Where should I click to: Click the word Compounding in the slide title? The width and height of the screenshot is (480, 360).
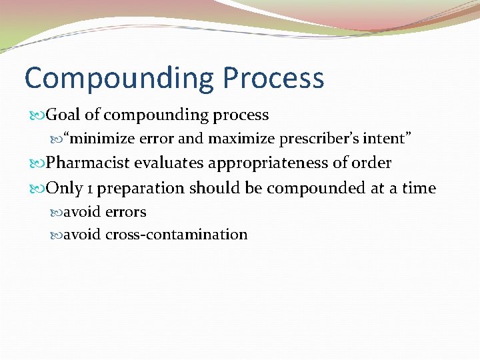point(119,79)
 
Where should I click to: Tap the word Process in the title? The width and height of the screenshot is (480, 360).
point(273,79)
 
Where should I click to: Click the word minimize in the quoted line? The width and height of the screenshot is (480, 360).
point(103,139)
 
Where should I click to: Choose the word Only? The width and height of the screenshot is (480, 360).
point(65,188)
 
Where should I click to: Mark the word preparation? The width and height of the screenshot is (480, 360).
point(141,189)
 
